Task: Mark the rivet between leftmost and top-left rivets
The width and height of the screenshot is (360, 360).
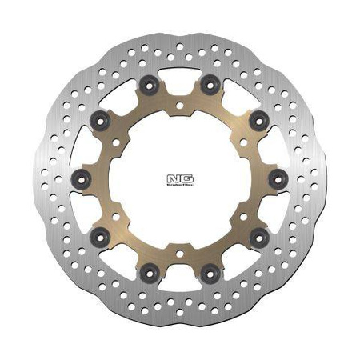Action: [x=98, y=118]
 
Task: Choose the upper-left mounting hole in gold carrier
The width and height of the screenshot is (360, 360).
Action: [x=115, y=139]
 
